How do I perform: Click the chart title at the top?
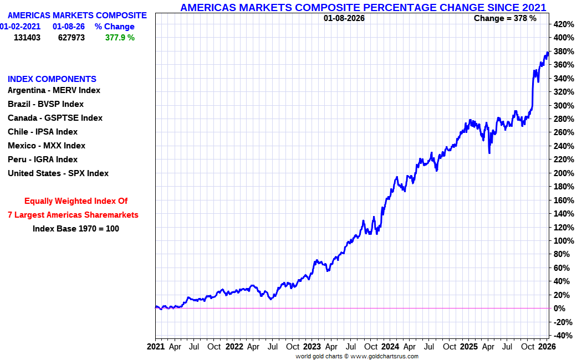363,7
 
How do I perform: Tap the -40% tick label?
563,336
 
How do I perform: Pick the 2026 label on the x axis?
547,347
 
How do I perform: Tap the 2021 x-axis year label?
156,347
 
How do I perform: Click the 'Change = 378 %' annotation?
505,18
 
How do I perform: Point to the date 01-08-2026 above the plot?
344,18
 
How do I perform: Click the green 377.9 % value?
120,38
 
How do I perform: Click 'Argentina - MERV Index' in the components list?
54,90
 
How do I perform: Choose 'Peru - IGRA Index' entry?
43,160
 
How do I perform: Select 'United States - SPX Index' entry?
58,173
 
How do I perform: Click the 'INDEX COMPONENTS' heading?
52,79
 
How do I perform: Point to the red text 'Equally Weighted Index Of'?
76,201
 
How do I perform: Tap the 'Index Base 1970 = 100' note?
76,228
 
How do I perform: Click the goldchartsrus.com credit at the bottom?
357,356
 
